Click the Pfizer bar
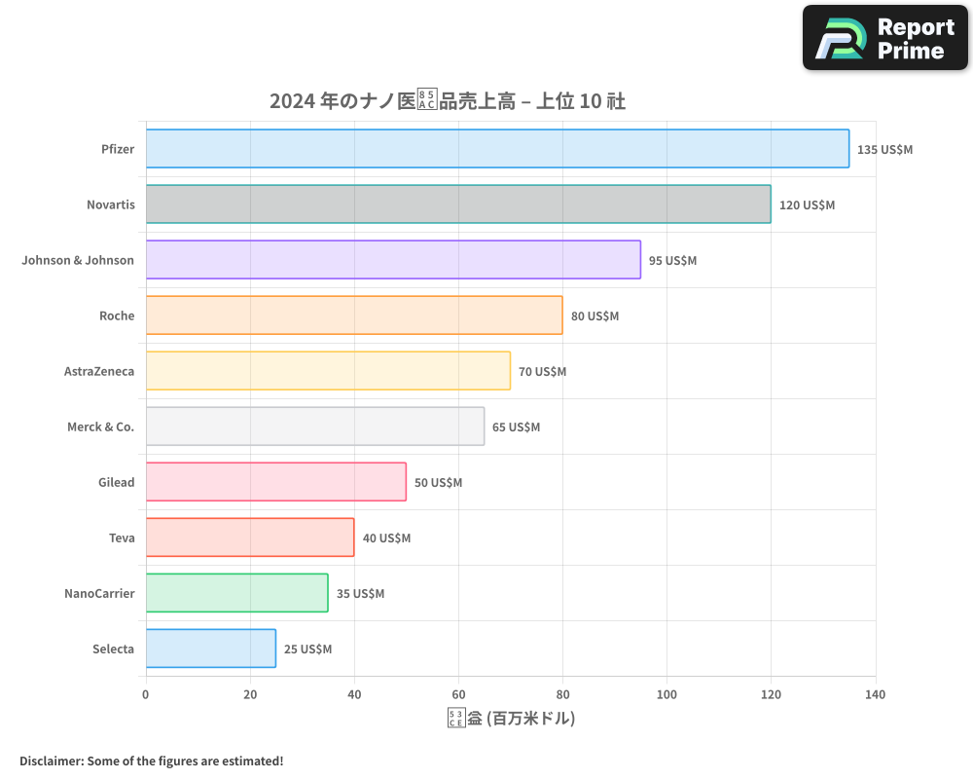496,149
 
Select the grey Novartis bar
457,204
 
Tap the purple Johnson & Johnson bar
393,260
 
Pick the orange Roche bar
354,315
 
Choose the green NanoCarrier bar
236,593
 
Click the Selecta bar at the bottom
210,649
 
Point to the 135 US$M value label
884,150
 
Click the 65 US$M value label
516,427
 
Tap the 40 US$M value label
386,538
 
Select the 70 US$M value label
542,372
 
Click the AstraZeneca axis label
99,371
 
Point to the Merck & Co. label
100,427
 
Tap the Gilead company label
116,482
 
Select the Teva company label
122,538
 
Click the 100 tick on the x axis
667,694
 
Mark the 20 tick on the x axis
250,694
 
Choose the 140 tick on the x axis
875,694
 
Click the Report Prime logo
885,38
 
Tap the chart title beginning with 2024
447,101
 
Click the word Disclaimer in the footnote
51,760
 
